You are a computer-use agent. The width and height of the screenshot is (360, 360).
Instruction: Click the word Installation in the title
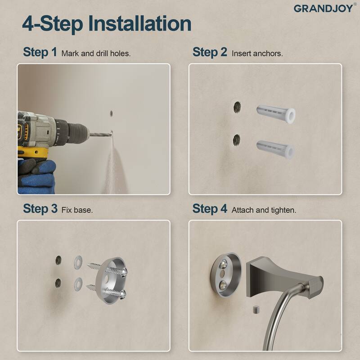[x=139, y=23]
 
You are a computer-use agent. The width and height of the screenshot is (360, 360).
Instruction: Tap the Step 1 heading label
[x=40, y=52]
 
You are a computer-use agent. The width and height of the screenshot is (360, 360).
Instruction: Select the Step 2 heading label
[x=210, y=52]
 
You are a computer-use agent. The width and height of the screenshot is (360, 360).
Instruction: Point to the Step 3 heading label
[x=40, y=209]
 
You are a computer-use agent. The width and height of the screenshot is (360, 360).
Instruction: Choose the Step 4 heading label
[x=210, y=209]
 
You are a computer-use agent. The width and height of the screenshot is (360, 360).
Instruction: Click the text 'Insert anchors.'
[x=257, y=54]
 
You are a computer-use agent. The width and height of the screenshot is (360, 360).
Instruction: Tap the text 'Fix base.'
[x=77, y=210]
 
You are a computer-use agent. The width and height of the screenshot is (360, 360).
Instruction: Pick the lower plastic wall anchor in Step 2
[x=275, y=147]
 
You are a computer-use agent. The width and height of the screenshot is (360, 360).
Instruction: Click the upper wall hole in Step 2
[x=237, y=107]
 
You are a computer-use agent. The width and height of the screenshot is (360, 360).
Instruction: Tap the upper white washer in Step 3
[x=78, y=261]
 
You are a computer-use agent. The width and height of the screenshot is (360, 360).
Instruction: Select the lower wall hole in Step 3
[x=58, y=283]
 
